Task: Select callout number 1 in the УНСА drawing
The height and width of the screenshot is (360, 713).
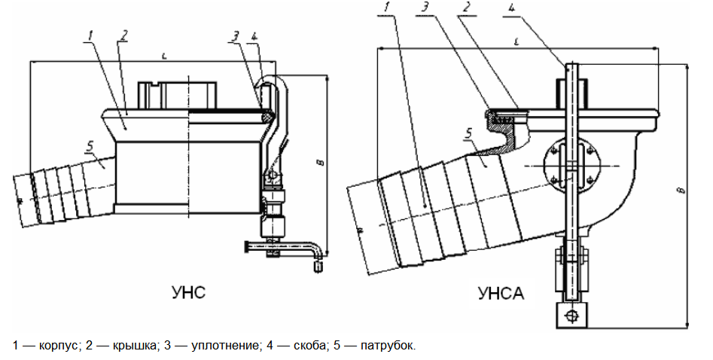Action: [x=386, y=8]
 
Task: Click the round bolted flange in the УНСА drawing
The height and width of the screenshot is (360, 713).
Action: [x=570, y=166]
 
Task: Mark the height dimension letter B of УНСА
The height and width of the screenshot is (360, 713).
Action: [x=682, y=191]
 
